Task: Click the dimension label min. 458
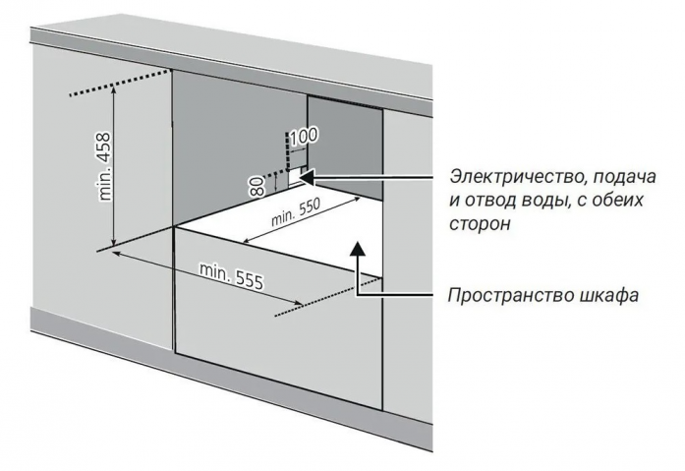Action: click(105, 166)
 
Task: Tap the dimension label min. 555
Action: click(232, 275)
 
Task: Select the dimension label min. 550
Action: click(296, 212)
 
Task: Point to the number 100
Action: click(304, 137)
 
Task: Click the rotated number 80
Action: click(257, 186)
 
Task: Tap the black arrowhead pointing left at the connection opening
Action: click(308, 177)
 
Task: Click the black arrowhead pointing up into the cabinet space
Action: click(358, 247)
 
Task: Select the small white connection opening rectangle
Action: click(295, 177)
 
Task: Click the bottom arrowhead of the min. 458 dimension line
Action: click(114, 243)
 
